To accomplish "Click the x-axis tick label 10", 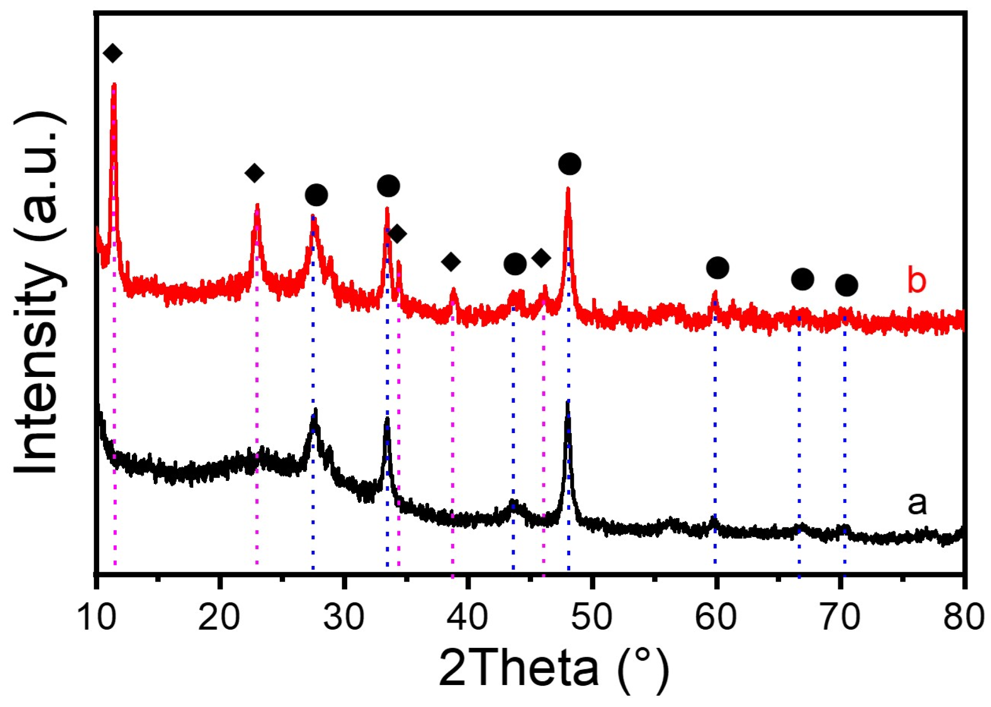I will [97, 617].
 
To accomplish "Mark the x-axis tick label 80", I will [963, 617].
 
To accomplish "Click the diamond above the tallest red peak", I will [113, 53].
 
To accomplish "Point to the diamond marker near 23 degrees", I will [254, 173].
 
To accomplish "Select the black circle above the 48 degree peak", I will [570, 164].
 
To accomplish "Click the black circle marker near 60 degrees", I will [717, 268].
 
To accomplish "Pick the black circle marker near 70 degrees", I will [846, 285].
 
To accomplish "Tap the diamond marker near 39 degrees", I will [451, 262].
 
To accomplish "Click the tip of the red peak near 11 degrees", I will [114, 84].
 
